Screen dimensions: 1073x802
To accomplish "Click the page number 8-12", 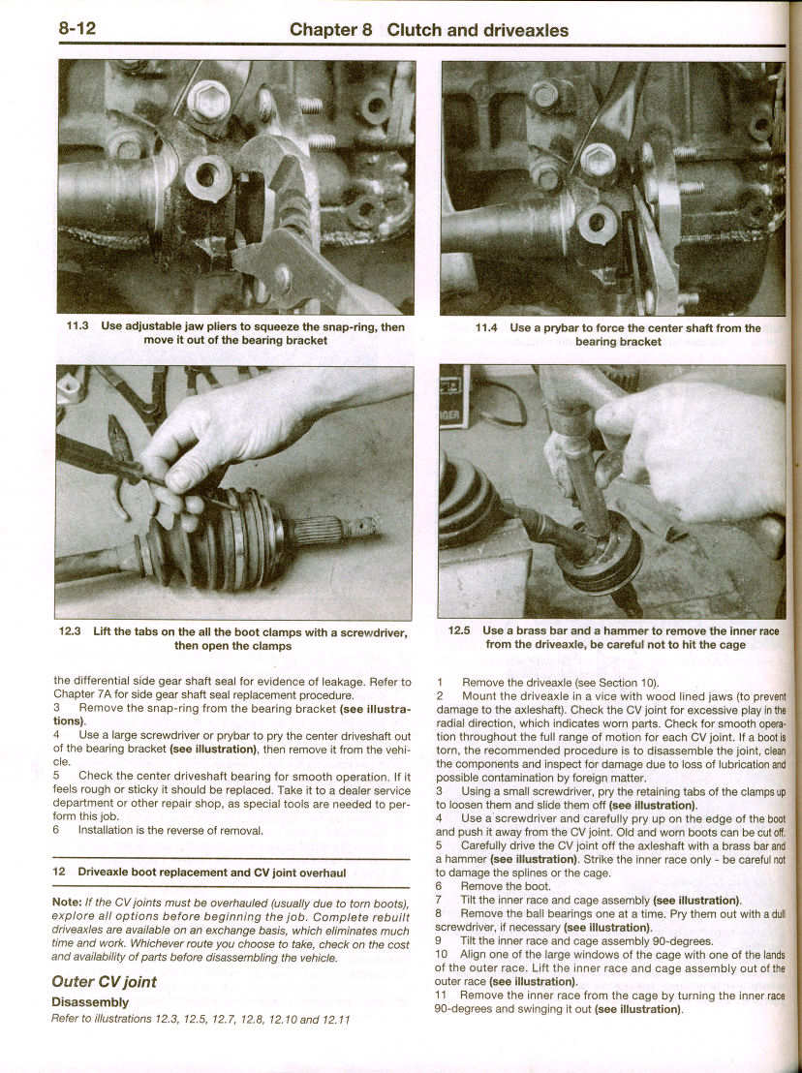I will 77,28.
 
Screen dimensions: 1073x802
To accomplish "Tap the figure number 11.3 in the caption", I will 77,327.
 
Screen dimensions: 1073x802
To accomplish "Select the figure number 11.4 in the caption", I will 486,328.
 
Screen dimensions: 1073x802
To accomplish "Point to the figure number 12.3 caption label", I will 73,632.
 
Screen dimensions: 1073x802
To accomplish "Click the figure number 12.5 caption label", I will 459,630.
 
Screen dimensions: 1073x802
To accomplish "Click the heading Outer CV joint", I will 104,982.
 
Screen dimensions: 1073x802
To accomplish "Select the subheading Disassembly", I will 89,1002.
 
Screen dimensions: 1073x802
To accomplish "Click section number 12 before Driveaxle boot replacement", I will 59,873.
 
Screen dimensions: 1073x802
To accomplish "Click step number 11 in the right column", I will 441,996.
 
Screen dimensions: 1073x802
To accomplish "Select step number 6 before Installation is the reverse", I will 57,830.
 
